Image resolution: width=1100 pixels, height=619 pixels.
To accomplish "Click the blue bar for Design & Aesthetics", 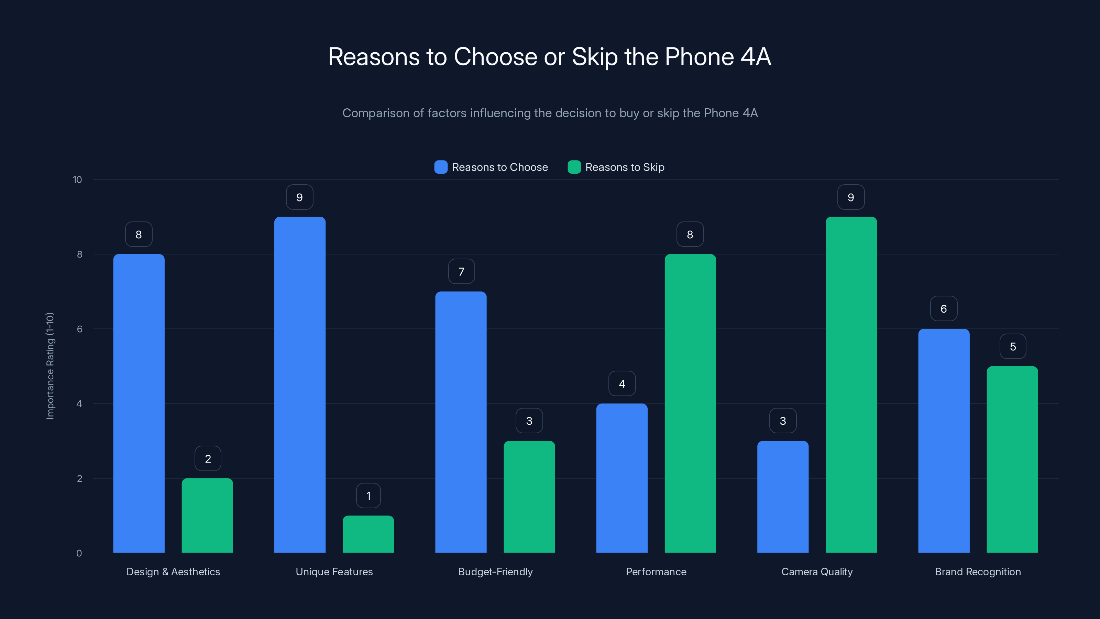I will (x=139, y=403).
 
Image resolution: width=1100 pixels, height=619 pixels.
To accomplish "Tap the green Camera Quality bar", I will (x=851, y=384).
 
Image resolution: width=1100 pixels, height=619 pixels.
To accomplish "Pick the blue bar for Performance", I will (x=622, y=478).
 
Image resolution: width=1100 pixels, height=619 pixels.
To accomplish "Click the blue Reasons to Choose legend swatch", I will (x=441, y=167).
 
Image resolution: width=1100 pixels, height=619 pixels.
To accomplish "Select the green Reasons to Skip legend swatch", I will (x=574, y=167).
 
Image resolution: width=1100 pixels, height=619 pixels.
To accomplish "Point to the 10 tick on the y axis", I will (x=77, y=180).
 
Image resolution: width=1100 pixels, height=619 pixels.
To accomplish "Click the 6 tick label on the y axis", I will (x=79, y=329).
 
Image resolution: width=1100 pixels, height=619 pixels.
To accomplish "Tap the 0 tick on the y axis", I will (x=79, y=553).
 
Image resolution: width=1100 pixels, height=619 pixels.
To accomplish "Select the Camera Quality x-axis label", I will (x=817, y=572).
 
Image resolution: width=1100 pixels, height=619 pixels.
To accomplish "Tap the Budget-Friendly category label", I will (x=495, y=572).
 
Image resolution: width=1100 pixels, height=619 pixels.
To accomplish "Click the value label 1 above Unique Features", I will (x=368, y=496).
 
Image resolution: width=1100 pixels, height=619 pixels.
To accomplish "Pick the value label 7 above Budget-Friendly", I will (x=461, y=271).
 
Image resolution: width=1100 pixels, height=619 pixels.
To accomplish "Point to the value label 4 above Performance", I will (x=622, y=384).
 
